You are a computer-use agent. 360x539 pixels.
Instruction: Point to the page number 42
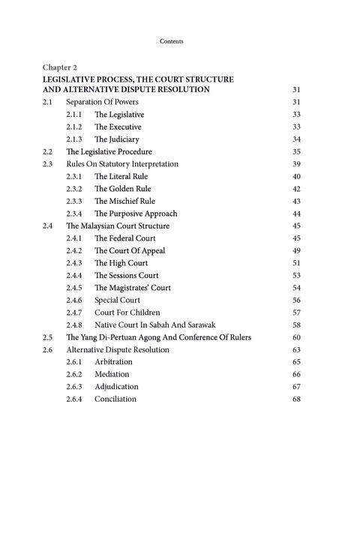coord(295,189)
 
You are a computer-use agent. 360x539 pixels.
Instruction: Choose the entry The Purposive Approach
coord(137,214)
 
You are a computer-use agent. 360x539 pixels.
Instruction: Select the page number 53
coord(295,276)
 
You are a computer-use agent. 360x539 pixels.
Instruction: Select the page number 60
coord(295,337)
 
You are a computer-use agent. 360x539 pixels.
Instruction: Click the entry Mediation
coord(112,374)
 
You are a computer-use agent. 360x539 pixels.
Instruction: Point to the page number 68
coord(295,399)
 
